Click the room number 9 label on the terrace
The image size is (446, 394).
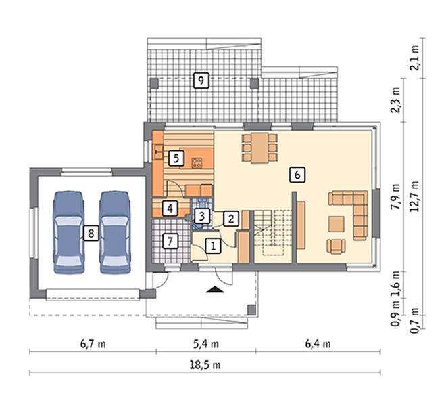coord(201,81)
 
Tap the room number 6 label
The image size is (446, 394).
coord(297,175)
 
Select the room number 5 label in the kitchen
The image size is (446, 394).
coord(176,158)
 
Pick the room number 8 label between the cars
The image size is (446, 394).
coord(91,234)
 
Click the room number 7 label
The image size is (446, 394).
coord(170,241)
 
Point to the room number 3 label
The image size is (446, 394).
coord(201,216)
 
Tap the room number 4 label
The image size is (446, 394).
coord(170,209)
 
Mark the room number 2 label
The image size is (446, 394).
coord(230,219)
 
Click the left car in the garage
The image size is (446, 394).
coord(69,232)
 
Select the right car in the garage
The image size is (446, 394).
coord(115,232)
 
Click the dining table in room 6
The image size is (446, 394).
coord(259,148)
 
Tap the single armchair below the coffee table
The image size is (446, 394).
coord(337,246)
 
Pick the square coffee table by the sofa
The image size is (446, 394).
coord(337,224)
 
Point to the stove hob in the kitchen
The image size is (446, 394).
coord(197,162)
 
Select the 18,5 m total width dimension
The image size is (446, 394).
coord(205,365)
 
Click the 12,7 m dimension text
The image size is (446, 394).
coord(415,196)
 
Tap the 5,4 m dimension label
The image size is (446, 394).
coord(206,344)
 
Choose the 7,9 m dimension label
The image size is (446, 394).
coord(395,196)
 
